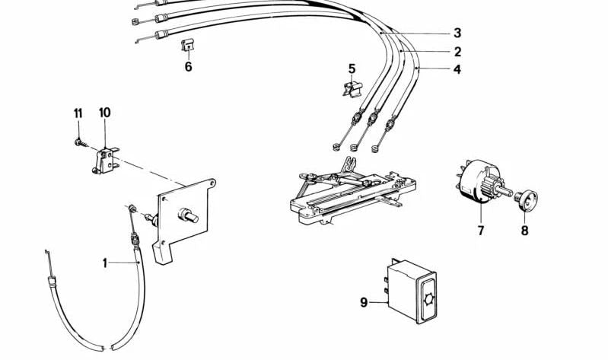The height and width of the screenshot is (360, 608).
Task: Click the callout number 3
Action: pos(457,33)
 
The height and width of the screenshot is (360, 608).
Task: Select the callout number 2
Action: pos(457,52)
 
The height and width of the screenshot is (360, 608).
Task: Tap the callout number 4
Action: pos(457,69)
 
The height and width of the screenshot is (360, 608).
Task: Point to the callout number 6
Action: pos(188,67)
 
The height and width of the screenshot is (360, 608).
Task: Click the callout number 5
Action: pos(352,69)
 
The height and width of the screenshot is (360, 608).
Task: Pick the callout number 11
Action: pos(78,113)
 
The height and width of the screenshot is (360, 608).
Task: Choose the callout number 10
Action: pos(105,113)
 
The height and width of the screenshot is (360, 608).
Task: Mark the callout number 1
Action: pos(105,263)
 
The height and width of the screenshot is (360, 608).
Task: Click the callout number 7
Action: pos(481,231)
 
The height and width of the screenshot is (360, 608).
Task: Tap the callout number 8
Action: pos(524,231)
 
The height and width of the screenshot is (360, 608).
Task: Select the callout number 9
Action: pos(364,302)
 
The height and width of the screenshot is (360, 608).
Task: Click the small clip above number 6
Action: pos(187,45)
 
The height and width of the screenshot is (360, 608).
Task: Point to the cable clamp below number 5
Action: pos(352,90)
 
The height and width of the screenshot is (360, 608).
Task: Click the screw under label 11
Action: pos(81,143)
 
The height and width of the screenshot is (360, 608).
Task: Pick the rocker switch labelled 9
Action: pos(412,291)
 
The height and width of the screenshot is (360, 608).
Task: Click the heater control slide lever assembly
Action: pos(352,193)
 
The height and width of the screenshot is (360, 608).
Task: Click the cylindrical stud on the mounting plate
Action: pos(188,215)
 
